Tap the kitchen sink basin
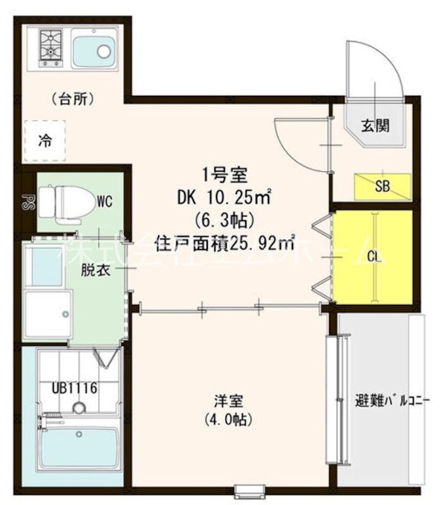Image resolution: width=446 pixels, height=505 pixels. click(x=93, y=51)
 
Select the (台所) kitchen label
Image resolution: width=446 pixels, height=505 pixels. click(x=73, y=98)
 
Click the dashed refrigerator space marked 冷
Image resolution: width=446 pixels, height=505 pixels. click(x=45, y=140)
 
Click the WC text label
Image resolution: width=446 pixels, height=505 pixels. click(x=104, y=202)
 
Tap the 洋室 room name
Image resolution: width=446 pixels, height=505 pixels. click(x=225, y=400)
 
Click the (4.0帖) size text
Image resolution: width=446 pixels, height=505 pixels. click(x=225, y=418)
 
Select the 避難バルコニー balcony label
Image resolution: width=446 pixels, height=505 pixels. click(x=384, y=401)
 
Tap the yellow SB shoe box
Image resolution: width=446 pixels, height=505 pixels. click(x=382, y=186)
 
